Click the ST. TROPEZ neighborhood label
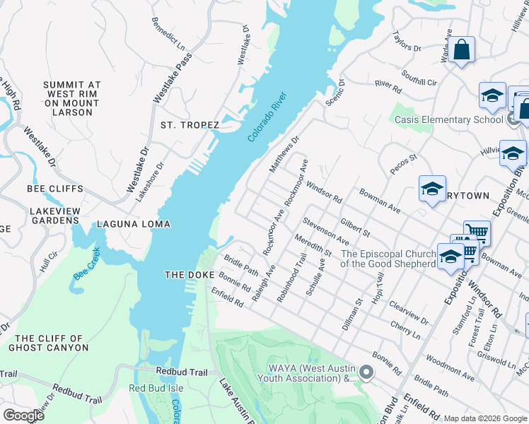point(190,125)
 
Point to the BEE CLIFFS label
point(55,189)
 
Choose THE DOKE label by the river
point(189,274)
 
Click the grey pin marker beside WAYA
point(366,371)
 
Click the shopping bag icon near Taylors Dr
point(461,50)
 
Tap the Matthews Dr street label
point(285,154)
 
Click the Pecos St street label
point(404,163)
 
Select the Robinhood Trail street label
point(291,278)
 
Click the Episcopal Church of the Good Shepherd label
point(388,259)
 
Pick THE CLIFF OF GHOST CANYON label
point(49,343)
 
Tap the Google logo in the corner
point(23,415)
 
